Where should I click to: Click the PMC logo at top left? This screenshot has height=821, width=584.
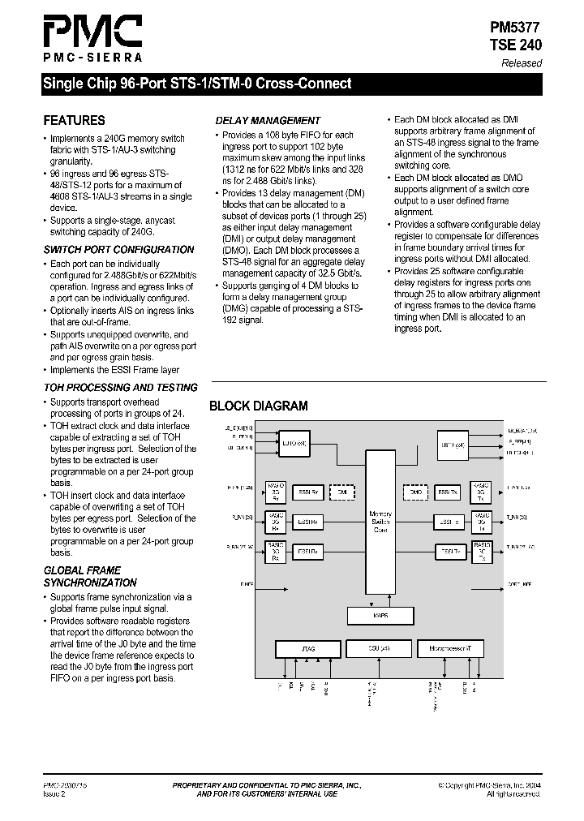coord(92,38)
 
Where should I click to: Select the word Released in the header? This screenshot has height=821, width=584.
coord(522,63)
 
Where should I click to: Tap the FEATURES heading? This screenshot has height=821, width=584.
coord(74,120)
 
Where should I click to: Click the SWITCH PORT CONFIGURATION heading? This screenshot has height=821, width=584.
coord(118,250)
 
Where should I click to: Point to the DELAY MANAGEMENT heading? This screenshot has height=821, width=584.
coord(268,120)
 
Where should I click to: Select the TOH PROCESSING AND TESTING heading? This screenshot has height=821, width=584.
coord(120,388)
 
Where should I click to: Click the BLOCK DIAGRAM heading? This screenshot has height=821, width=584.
coord(258,406)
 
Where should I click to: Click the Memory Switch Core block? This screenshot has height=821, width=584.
coord(380,519)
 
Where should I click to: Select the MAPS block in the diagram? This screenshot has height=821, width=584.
coord(380,616)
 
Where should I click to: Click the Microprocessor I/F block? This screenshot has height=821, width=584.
coord(450,649)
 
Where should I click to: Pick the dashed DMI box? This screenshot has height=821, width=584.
coord(341,492)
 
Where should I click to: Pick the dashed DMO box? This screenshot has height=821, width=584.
coord(415,492)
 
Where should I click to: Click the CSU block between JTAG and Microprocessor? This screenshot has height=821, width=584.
coord(379,649)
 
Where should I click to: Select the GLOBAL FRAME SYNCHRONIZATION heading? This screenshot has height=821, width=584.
coord(90,576)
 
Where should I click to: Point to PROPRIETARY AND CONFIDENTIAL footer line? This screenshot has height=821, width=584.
coord(267,785)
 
